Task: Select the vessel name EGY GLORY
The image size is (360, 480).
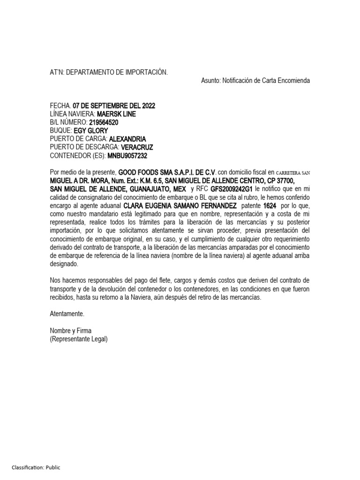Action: coord(91,131)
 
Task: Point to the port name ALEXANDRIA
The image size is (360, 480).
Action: coord(127,139)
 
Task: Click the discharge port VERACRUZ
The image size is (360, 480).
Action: coord(137,147)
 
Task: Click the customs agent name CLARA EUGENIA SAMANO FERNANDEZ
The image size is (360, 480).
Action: coord(180,205)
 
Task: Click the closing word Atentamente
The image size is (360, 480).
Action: coord(67,314)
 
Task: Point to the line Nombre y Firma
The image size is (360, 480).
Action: coord(71,330)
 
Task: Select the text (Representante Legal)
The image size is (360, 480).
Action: coord(79,339)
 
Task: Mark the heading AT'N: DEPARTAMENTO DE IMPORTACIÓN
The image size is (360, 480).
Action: coord(109,72)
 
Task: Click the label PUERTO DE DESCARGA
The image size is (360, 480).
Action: coord(84,147)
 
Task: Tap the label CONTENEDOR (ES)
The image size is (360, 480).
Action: coord(77,156)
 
